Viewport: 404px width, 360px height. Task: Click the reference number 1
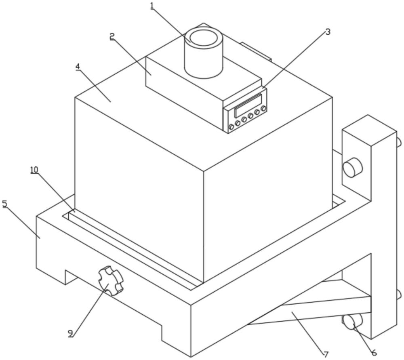click(x=152, y=6)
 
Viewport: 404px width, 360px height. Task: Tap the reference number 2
click(x=112, y=36)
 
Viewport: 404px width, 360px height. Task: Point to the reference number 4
click(x=78, y=66)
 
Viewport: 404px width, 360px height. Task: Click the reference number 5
click(x=5, y=204)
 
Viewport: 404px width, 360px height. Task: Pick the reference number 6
click(x=374, y=352)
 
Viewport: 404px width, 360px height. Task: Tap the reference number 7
click(x=326, y=354)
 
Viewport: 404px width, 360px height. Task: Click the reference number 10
click(x=34, y=170)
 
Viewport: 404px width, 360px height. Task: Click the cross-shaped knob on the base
click(x=110, y=280)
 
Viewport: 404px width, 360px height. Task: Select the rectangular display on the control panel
click(x=248, y=105)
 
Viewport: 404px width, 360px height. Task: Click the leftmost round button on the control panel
click(x=231, y=127)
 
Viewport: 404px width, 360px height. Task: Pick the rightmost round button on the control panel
click(x=263, y=108)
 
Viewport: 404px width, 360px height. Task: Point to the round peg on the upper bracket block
click(x=352, y=167)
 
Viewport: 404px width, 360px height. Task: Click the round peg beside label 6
click(x=352, y=322)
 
